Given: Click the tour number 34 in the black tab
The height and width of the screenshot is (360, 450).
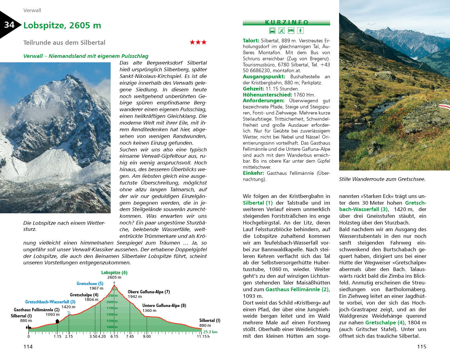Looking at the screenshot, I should point(9,25).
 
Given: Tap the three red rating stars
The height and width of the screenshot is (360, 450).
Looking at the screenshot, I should point(198,42).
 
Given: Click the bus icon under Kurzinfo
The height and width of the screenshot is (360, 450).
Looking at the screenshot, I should point(272,30).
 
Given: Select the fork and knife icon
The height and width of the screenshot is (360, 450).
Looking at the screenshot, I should point(282,30).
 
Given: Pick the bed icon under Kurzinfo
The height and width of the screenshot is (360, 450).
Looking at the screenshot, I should point(291,30).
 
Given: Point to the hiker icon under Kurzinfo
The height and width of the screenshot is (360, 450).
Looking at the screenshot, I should point(300,30).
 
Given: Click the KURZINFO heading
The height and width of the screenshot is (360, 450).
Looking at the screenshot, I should point(286,22).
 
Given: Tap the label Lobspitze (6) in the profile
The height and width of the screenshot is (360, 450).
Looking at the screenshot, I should point(114,273).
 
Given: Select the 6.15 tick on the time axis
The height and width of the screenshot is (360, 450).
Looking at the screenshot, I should point(114,336).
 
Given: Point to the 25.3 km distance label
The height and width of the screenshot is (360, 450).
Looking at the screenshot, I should point(210,332).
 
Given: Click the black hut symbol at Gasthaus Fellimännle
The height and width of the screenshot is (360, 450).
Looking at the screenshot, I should point(57,321).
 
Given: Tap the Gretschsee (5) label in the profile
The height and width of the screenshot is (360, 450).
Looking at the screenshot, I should point(90,284).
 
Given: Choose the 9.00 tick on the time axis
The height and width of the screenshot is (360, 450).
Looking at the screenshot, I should point(147,336).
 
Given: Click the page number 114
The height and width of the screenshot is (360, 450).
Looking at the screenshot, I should point(28,346).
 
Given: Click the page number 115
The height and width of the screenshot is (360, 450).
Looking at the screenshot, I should point(422,346).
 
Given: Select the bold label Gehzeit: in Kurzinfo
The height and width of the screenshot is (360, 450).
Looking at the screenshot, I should point(253,89).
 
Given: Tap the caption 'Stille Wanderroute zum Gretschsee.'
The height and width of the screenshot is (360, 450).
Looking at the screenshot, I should point(382,179).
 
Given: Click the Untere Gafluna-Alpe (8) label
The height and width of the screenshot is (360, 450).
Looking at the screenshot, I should point(164,305).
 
